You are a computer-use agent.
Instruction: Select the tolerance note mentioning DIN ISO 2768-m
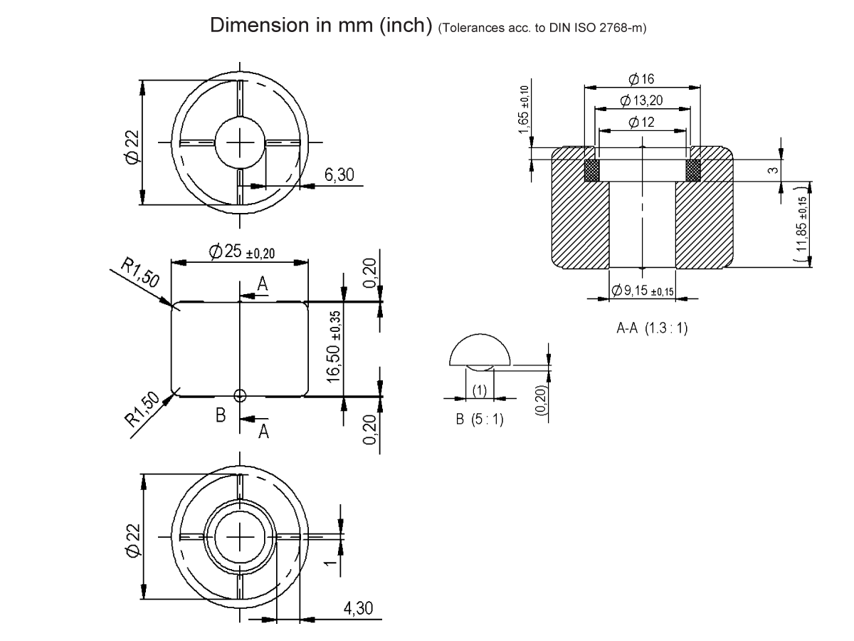click(x=542, y=28)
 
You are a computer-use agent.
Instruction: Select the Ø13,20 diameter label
click(x=642, y=100)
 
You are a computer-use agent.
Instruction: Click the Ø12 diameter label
click(x=642, y=123)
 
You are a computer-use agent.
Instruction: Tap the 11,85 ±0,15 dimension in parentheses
click(x=803, y=224)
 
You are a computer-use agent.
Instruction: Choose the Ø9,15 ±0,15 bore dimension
click(x=642, y=290)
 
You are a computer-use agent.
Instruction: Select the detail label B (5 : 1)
click(x=480, y=419)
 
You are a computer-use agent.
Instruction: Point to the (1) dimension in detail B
click(x=480, y=390)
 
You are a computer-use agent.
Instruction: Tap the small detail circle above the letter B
click(x=241, y=395)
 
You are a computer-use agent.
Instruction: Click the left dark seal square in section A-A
click(x=592, y=170)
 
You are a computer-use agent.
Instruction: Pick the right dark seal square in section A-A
click(x=693, y=170)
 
